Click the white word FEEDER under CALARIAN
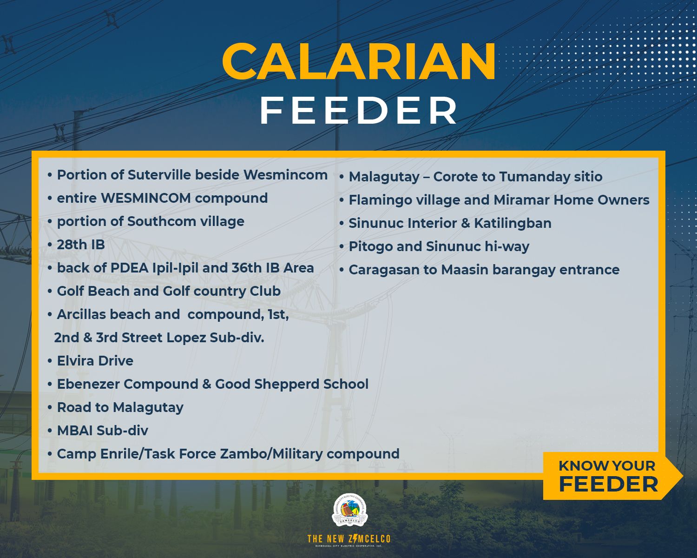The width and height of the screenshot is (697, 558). pyautogui.click(x=359, y=111)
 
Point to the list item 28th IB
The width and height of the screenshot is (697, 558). pyautogui.click(x=81, y=245)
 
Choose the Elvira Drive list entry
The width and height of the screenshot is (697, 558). pyautogui.click(x=95, y=361)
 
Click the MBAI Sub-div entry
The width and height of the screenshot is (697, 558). pyautogui.click(x=103, y=431)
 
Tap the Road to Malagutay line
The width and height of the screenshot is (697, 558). pyautogui.click(x=120, y=407)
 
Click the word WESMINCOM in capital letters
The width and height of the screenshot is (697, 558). pyautogui.click(x=146, y=199)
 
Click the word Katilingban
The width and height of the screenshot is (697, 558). pyautogui.click(x=513, y=223)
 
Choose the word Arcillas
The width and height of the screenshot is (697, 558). pyautogui.click(x=81, y=314)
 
